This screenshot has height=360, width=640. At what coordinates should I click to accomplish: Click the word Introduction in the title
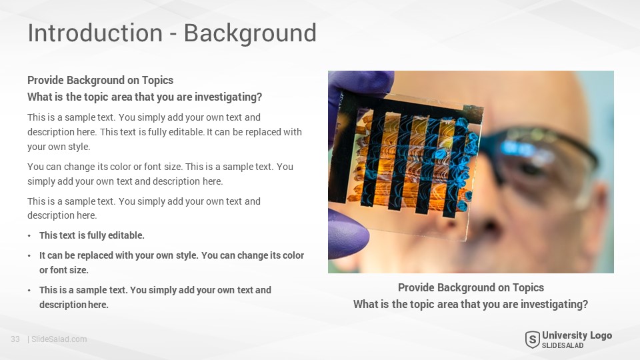(x=95, y=33)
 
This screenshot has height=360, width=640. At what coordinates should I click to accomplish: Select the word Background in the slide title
(x=250, y=34)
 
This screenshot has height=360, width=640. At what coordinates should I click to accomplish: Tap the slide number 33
(x=15, y=339)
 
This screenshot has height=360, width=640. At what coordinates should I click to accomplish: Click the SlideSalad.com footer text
(x=59, y=339)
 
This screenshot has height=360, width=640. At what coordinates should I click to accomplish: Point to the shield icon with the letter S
(x=532, y=339)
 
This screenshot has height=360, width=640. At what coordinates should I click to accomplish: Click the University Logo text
(x=577, y=335)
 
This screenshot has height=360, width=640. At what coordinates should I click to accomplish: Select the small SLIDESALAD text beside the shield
(x=563, y=346)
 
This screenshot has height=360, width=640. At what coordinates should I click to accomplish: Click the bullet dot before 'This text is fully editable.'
(x=29, y=236)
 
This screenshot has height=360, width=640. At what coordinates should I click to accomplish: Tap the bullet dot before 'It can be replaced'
(x=29, y=256)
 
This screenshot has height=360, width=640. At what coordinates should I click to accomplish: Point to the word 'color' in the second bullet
(x=293, y=255)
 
